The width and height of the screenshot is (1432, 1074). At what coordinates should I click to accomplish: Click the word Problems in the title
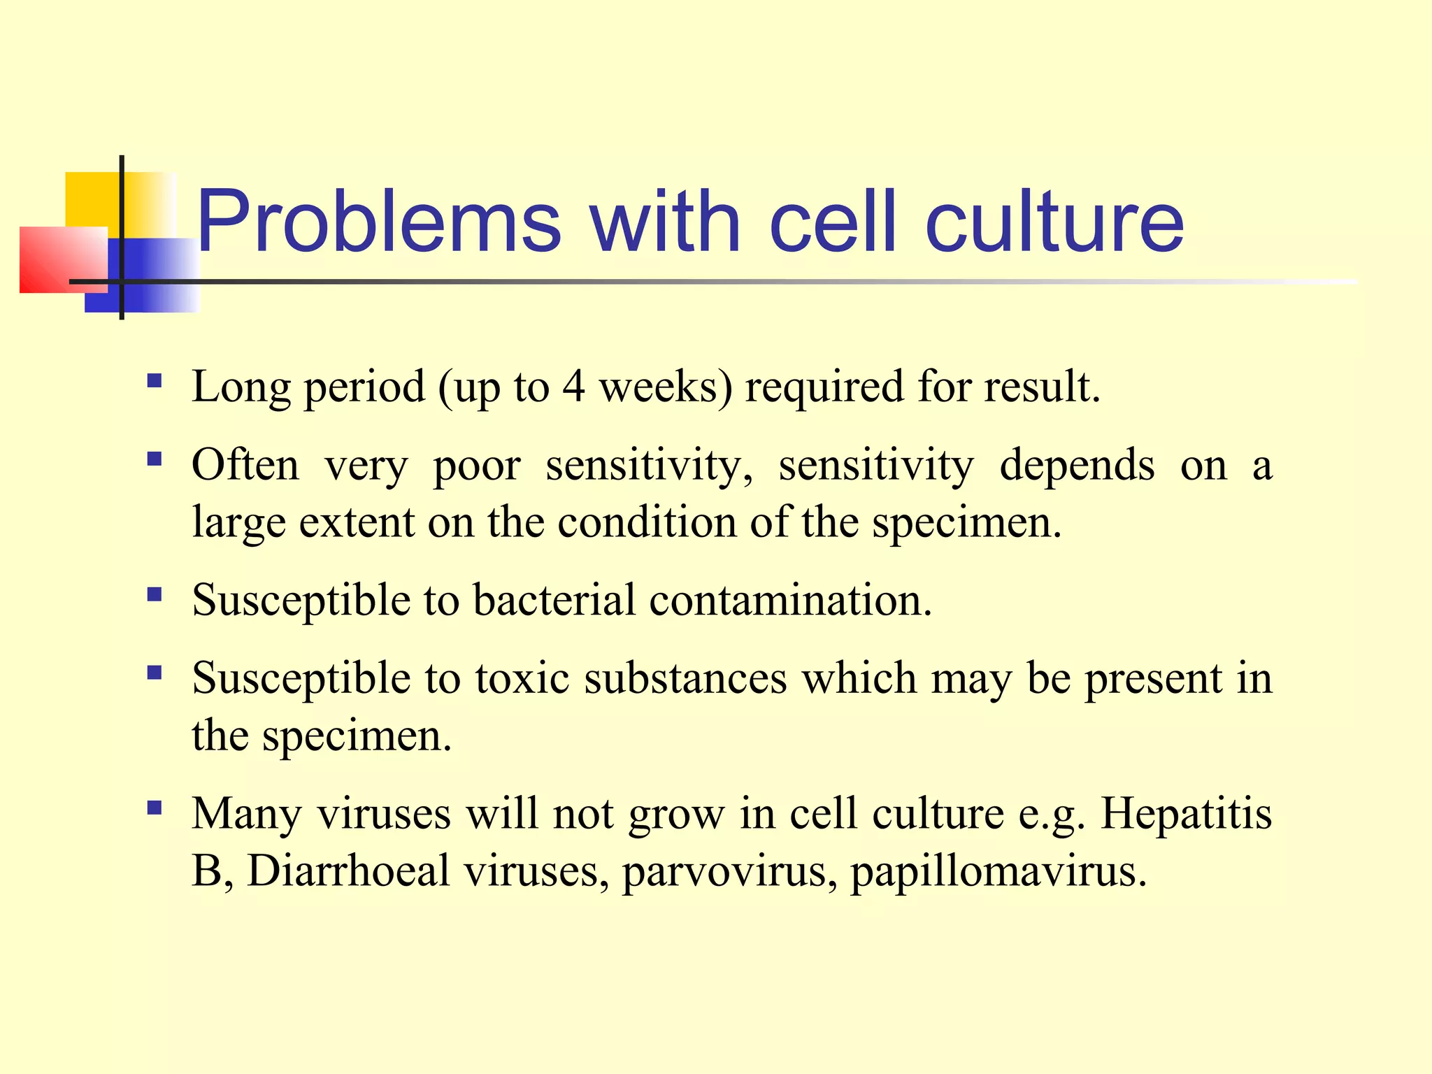[378, 222]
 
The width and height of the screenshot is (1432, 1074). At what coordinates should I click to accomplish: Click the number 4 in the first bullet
[573, 387]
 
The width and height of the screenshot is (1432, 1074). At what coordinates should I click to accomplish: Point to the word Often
[245, 466]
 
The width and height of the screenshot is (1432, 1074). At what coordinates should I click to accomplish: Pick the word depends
[1077, 466]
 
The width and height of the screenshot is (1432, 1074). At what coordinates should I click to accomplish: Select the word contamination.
[790, 600]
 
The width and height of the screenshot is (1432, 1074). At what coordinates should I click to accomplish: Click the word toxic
[522, 678]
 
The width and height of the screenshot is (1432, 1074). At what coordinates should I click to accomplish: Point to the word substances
[685, 678]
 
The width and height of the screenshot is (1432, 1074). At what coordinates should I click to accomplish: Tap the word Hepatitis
[1186, 814]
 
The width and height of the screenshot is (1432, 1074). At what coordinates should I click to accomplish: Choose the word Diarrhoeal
[348, 871]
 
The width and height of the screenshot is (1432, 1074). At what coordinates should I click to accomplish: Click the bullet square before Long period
[155, 381]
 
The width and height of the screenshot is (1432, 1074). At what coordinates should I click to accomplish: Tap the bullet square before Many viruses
[155, 808]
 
